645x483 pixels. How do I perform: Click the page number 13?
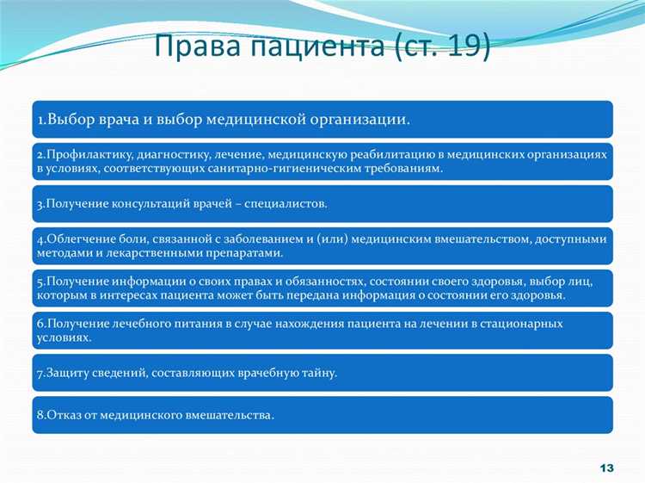605,468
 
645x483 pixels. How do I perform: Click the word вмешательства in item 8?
230,415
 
